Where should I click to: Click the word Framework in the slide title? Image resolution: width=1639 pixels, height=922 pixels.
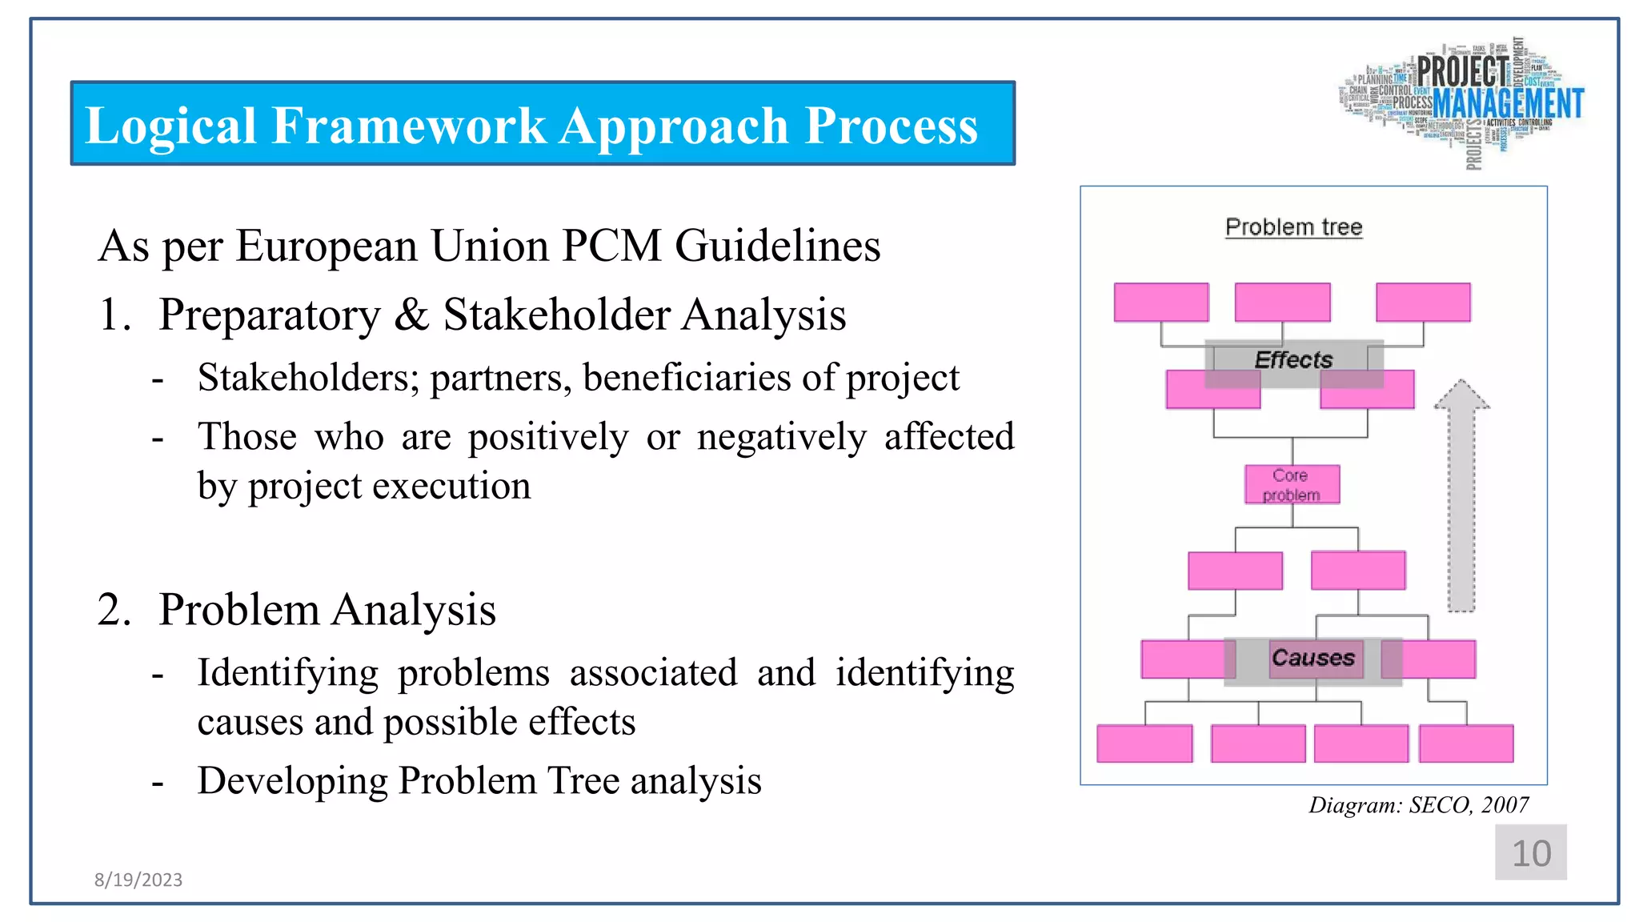408,126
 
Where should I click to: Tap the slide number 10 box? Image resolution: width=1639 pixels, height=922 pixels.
1530,852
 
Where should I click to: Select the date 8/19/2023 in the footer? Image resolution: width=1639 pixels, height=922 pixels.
138,880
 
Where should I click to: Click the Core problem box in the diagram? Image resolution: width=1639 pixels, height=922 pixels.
1292,485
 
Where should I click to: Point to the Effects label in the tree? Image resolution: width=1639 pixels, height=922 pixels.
1293,360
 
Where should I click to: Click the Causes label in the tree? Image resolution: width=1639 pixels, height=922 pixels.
1312,658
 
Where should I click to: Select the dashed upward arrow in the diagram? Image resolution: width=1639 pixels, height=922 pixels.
1461,496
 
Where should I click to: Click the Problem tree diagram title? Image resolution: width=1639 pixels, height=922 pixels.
1293,227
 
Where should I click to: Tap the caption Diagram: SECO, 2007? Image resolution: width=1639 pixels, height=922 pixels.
1418,805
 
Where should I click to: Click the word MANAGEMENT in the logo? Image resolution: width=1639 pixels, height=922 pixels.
1508,104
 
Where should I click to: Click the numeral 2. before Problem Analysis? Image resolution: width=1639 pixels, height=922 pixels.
114,610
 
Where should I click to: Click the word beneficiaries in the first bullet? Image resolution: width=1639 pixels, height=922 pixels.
687,378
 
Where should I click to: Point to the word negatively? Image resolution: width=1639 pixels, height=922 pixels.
781,437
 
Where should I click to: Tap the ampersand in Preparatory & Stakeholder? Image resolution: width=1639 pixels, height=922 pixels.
411,315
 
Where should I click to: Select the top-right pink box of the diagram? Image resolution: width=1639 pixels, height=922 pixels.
1423,303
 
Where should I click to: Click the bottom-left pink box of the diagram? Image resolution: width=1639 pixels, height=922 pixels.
1144,744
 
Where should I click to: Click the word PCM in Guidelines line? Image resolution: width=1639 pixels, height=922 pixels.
611,246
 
